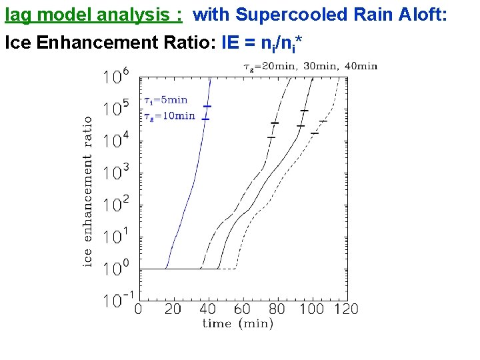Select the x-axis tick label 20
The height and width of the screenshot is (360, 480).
[172, 309]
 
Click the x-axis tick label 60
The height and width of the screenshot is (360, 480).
[242, 309]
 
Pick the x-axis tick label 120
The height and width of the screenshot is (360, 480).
[345, 309]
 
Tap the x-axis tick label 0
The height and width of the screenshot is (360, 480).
[139, 309]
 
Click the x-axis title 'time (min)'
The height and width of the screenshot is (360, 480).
[238, 324]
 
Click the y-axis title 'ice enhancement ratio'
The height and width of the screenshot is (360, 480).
[87, 192]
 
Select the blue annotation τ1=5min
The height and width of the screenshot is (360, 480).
[166, 101]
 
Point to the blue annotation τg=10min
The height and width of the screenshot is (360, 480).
[169, 116]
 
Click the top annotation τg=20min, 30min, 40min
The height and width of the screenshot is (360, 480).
[310, 66]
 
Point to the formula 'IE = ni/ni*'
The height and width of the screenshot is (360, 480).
[262, 44]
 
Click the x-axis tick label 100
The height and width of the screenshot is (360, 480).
[311, 309]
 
